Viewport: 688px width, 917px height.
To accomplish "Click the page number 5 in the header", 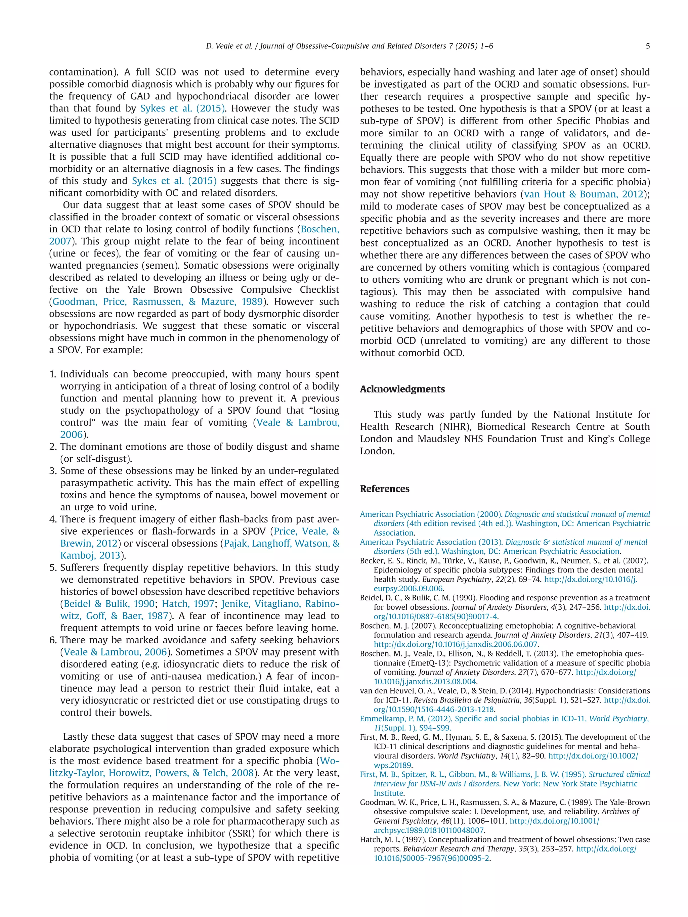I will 647,46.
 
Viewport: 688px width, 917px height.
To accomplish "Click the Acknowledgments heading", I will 402,389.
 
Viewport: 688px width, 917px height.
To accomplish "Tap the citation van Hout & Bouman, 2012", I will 584,194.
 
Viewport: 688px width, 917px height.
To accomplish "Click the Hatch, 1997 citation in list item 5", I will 187,604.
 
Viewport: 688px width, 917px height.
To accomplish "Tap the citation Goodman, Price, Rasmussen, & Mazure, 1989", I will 158,302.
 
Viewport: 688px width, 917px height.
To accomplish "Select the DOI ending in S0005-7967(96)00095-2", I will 432,858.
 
